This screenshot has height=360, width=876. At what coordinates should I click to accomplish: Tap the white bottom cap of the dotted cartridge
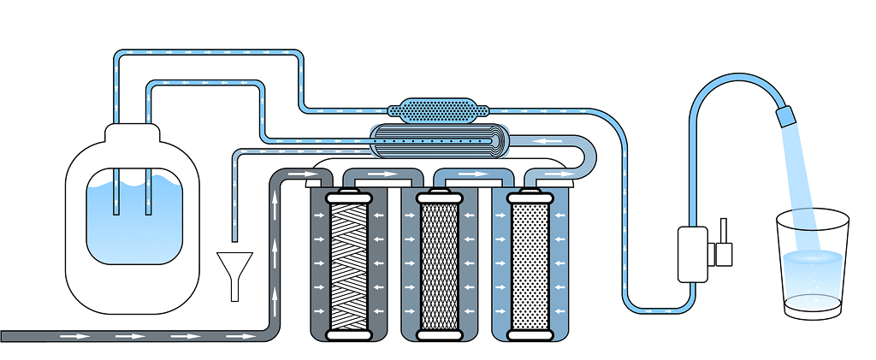pyautogui.click(x=530, y=336)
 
